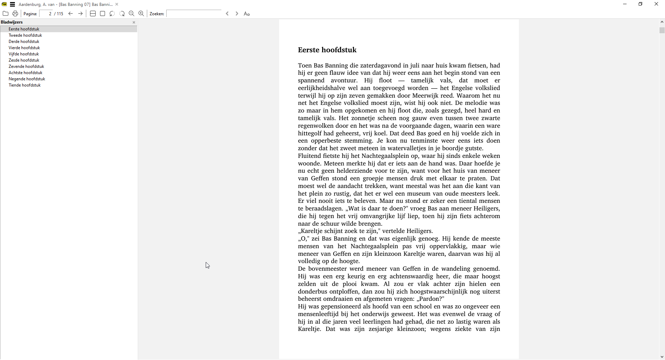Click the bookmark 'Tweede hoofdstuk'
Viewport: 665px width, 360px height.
coord(25,35)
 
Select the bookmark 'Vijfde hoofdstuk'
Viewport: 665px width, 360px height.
coord(24,54)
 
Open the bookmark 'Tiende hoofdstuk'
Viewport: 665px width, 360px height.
coord(25,85)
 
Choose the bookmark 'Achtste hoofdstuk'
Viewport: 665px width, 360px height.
coord(25,73)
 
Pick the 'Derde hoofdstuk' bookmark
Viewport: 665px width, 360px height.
coord(24,42)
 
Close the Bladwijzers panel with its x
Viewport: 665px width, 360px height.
coord(134,22)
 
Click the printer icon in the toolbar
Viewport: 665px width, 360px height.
coord(15,14)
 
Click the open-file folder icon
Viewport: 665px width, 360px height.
coord(6,14)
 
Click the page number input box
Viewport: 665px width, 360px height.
coord(46,14)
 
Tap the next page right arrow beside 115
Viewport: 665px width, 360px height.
coord(80,14)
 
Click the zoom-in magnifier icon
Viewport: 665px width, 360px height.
coord(141,14)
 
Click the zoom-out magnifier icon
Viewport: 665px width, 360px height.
coord(132,14)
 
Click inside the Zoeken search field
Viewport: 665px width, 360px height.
coord(194,14)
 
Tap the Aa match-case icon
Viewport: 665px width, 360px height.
coord(247,14)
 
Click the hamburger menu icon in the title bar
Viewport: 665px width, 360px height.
coord(12,4)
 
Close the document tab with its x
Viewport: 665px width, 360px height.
coord(117,4)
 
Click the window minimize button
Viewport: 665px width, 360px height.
coord(625,4)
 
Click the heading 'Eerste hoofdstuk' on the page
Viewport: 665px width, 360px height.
coord(327,50)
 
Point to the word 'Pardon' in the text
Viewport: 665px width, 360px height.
coord(431,299)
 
